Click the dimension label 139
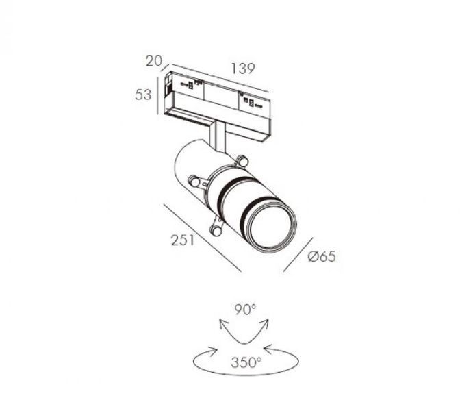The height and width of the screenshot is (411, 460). coord(243,68)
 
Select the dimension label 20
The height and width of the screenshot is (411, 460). coord(154,61)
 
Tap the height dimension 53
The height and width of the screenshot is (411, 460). coord(143,95)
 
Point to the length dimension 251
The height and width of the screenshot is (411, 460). coord(183,240)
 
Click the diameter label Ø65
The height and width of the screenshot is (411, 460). coord(322,257)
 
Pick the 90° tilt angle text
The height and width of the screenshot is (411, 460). coord(245,310)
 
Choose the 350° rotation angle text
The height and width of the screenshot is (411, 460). coord(246,362)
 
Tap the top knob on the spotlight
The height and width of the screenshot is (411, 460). coord(242,161)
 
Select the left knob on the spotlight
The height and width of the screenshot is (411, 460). coord(194,182)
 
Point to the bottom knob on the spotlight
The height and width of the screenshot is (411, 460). coord(216,231)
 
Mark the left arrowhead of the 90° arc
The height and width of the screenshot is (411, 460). coord(223,324)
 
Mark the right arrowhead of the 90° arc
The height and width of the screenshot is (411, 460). coord(265,323)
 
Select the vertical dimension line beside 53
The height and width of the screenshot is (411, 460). coord(158,96)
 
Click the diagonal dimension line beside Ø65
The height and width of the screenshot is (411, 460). coord(298,255)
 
